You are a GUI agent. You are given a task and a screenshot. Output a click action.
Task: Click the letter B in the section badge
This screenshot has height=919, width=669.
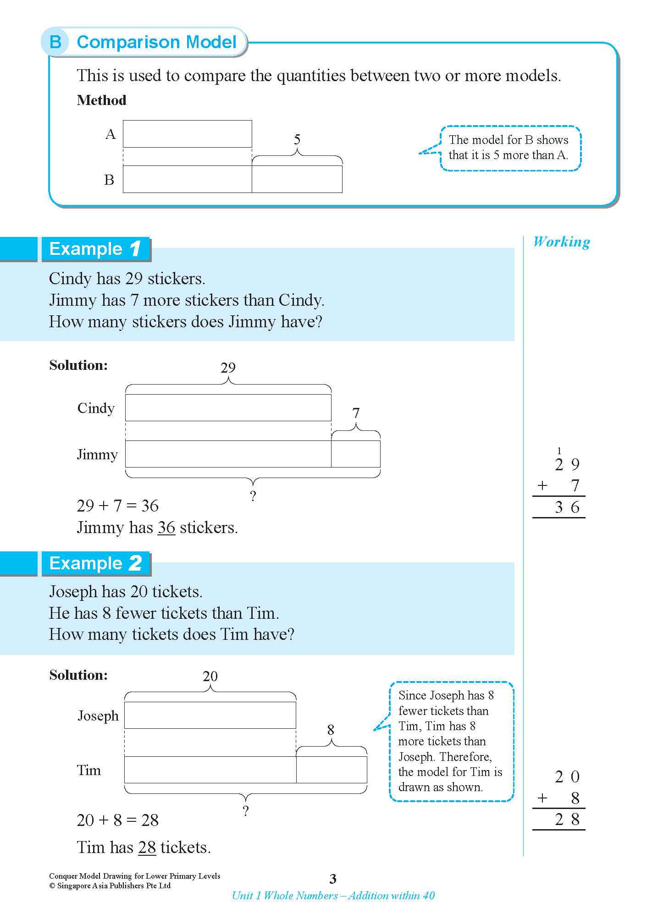55,42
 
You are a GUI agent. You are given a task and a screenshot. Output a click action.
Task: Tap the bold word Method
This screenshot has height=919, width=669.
101,100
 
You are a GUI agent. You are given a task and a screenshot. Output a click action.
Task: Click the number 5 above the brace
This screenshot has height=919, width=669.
297,139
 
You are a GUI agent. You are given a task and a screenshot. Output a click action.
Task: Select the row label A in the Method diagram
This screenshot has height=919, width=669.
111,134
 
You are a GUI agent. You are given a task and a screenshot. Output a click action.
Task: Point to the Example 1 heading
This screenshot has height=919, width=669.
95,249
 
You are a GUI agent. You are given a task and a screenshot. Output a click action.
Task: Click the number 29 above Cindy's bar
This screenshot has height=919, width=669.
228,368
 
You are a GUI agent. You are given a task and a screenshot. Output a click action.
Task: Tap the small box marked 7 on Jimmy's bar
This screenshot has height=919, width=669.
356,454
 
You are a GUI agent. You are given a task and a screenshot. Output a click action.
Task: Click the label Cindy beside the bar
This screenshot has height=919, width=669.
96,408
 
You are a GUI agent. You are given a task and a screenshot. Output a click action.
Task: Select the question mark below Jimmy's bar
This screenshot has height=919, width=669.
253,496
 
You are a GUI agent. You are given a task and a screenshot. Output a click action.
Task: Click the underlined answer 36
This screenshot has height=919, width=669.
166,528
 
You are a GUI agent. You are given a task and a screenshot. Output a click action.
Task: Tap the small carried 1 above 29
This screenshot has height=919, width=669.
559,451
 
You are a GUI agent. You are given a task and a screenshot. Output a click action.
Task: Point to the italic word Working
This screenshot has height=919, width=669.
561,242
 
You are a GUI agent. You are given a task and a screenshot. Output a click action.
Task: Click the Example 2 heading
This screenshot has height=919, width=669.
95,563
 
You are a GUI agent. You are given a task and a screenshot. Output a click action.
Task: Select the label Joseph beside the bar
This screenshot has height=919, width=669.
98,715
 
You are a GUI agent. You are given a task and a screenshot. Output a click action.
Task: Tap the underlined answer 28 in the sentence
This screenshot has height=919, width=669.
147,847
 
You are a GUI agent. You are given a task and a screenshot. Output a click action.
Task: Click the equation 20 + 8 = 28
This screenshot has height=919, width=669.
118,820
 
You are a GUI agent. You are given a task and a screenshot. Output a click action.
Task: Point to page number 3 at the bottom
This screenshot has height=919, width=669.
333,879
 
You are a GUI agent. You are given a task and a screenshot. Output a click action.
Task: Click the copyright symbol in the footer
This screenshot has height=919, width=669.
52,886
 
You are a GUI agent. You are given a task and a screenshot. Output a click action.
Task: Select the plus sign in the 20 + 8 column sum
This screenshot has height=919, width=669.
542,798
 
